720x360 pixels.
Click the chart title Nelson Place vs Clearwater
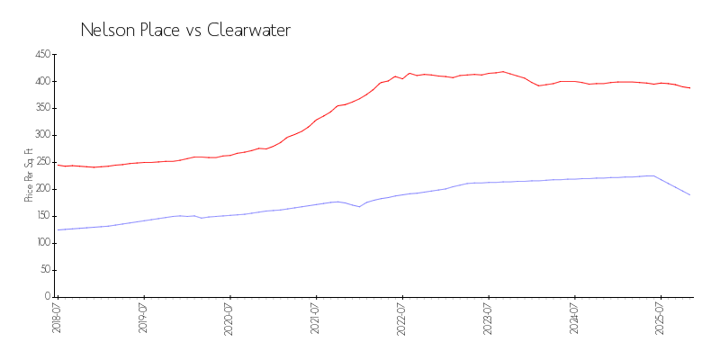[x=185, y=30]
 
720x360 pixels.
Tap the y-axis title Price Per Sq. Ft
[x=29, y=175]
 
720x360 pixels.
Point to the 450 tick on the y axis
[x=41, y=54]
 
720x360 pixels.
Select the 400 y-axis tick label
[x=41, y=81]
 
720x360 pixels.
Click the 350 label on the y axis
[x=41, y=108]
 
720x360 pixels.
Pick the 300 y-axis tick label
[x=41, y=135]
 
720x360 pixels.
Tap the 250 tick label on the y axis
[x=41, y=162]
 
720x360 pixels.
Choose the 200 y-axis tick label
[x=41, y=189]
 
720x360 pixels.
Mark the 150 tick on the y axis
[x=41, y=216]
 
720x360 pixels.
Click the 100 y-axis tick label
[x=41, y=243]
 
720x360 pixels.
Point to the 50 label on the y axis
[x=44, y=270]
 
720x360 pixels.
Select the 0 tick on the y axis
[x=47, y=296]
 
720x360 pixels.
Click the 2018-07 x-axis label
[x=57, y=318]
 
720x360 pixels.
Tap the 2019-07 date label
[x=144, y=318]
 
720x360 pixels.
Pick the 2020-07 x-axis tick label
[x=230, y=318]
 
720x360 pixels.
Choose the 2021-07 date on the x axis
[x=317, y=318]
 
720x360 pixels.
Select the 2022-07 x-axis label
[x=402, y=318]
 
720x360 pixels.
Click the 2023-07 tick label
[x=489, y=318]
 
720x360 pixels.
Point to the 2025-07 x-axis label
[x=661, y=318]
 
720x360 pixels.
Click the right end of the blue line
[x=690, y=195]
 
